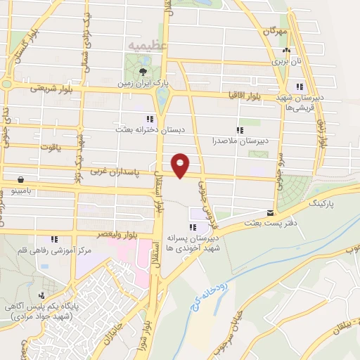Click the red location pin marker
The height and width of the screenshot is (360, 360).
[x=181, y=165]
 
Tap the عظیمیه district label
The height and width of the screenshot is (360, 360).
[x=147, y=46]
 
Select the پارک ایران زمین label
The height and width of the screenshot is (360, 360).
[x=143, y=82]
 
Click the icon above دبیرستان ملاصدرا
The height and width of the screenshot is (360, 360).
[x=240, y=130]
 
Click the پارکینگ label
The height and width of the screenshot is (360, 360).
[x=325, y=202]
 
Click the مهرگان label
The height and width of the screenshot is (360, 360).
[x=276, y=32]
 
